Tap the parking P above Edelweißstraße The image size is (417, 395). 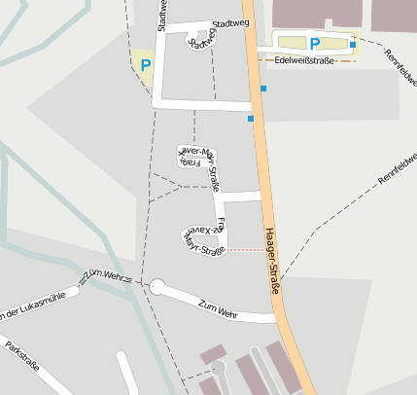point(314,44)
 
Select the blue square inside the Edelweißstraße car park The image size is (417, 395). point(352,45)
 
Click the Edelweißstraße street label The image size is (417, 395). point(305,59)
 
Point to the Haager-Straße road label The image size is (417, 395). point(272,262)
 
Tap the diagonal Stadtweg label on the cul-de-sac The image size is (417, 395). point(203,39)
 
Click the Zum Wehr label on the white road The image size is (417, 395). point(218,309)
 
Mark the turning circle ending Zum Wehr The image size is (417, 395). point(156,286)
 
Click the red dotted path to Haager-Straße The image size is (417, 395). point(244,250)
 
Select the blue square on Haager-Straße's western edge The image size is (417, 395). point(251,119)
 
